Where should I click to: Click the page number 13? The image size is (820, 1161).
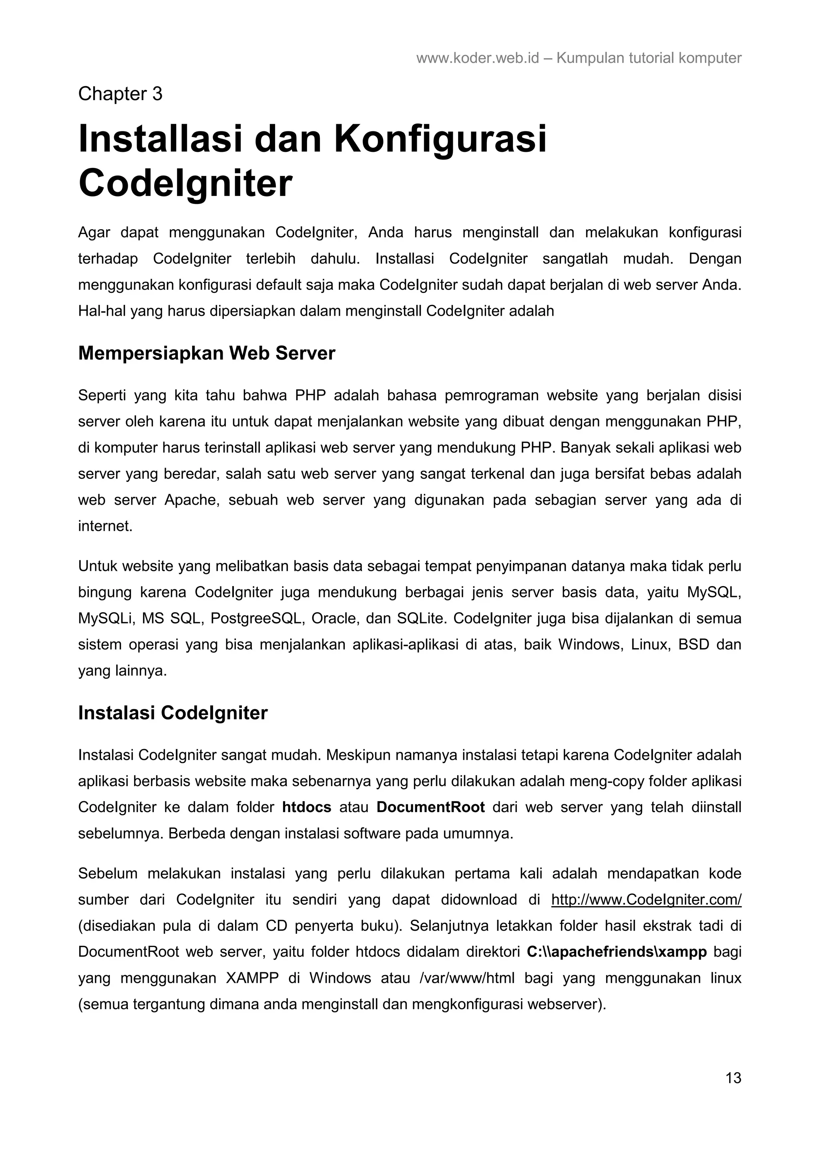pyautogui.click(x=733, y=1078)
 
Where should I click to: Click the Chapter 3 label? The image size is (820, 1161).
pyautogui.click(x=120, y=94)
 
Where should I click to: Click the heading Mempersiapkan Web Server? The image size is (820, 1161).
pyautogui.click(x=206, y=353)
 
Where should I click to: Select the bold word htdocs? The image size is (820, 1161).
pyautogui.click(x=307, y=807)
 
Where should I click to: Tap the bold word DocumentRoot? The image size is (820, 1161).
pyautogui.click(x=430, y=807)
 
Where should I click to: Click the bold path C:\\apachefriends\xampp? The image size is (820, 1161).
pyautogui.click(x=616, y=951)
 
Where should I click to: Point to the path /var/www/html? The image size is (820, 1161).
pyautogui.click(x=467, y=978)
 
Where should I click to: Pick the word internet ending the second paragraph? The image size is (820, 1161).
pyautogui.click(x=105, y=526)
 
